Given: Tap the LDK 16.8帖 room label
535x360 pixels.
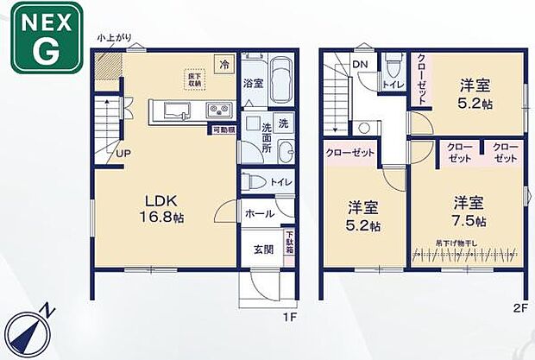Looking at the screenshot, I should (156, 207).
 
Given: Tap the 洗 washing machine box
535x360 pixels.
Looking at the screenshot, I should (284, 123).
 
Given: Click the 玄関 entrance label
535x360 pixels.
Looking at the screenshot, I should (263, 249).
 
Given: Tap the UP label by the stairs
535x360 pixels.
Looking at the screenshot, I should (124, 155).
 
